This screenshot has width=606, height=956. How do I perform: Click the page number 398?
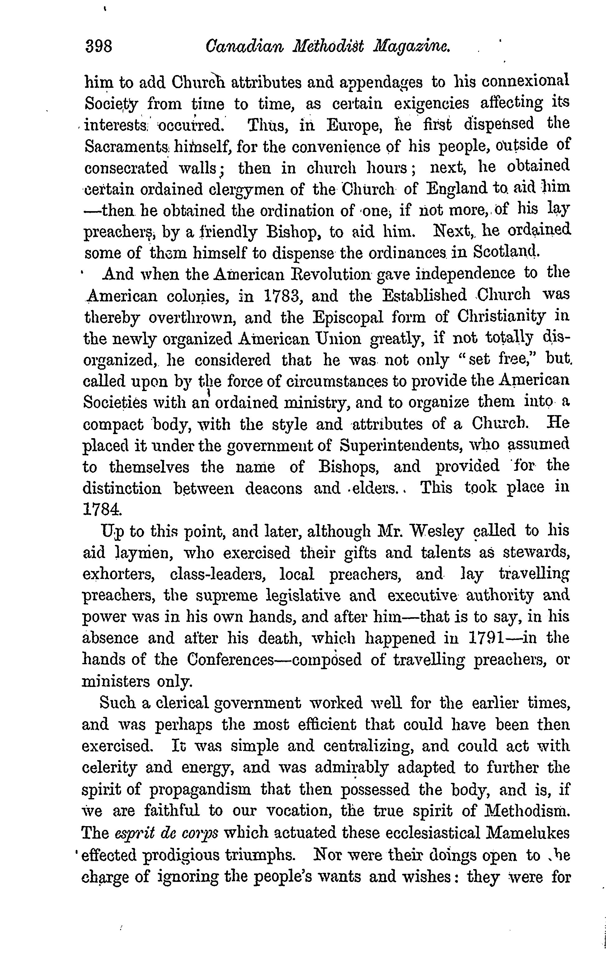99,47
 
